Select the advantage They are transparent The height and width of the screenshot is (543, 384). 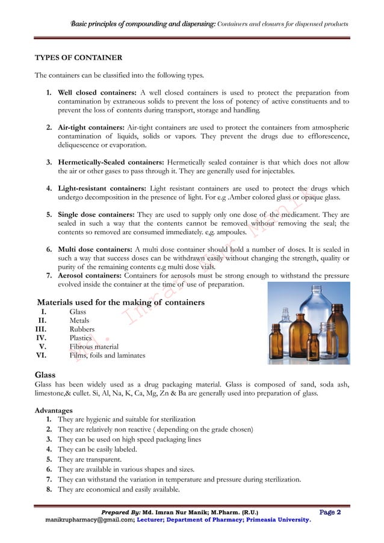(x=96, y=458)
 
